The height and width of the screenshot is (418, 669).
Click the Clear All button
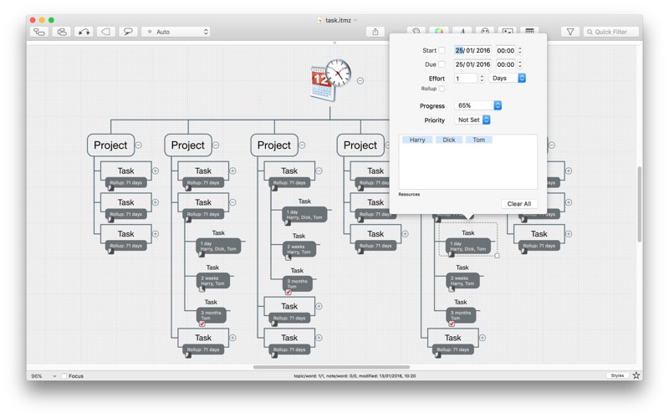tap(518, 204)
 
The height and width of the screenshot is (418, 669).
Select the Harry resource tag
tap(417, 140)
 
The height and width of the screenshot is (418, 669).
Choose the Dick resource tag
tap(449, 140)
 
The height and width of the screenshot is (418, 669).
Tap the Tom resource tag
tap(478, 140)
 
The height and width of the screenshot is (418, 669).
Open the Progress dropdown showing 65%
tap(478, 106)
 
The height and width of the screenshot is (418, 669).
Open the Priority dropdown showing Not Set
tap(473, 120)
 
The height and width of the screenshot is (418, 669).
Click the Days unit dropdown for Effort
tap(508, 79)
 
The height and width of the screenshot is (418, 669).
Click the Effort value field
tap(466, 79)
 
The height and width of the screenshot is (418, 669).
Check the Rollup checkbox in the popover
tap(442, 89)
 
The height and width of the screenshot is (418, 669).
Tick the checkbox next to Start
tap(442, 51)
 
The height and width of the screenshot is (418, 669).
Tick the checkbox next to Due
tap(442, 64)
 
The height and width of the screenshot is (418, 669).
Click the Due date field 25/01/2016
tap(472, 64)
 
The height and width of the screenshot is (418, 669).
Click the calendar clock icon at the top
tap(330, 80)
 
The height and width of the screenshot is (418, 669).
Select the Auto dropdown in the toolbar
tap(176, 32)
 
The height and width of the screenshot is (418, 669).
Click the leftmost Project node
tap(110, 145)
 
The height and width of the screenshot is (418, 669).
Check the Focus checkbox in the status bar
tap(64, 376)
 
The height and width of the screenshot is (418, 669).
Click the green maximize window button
tap(51, 20)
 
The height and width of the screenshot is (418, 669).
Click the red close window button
tap(33, 20)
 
